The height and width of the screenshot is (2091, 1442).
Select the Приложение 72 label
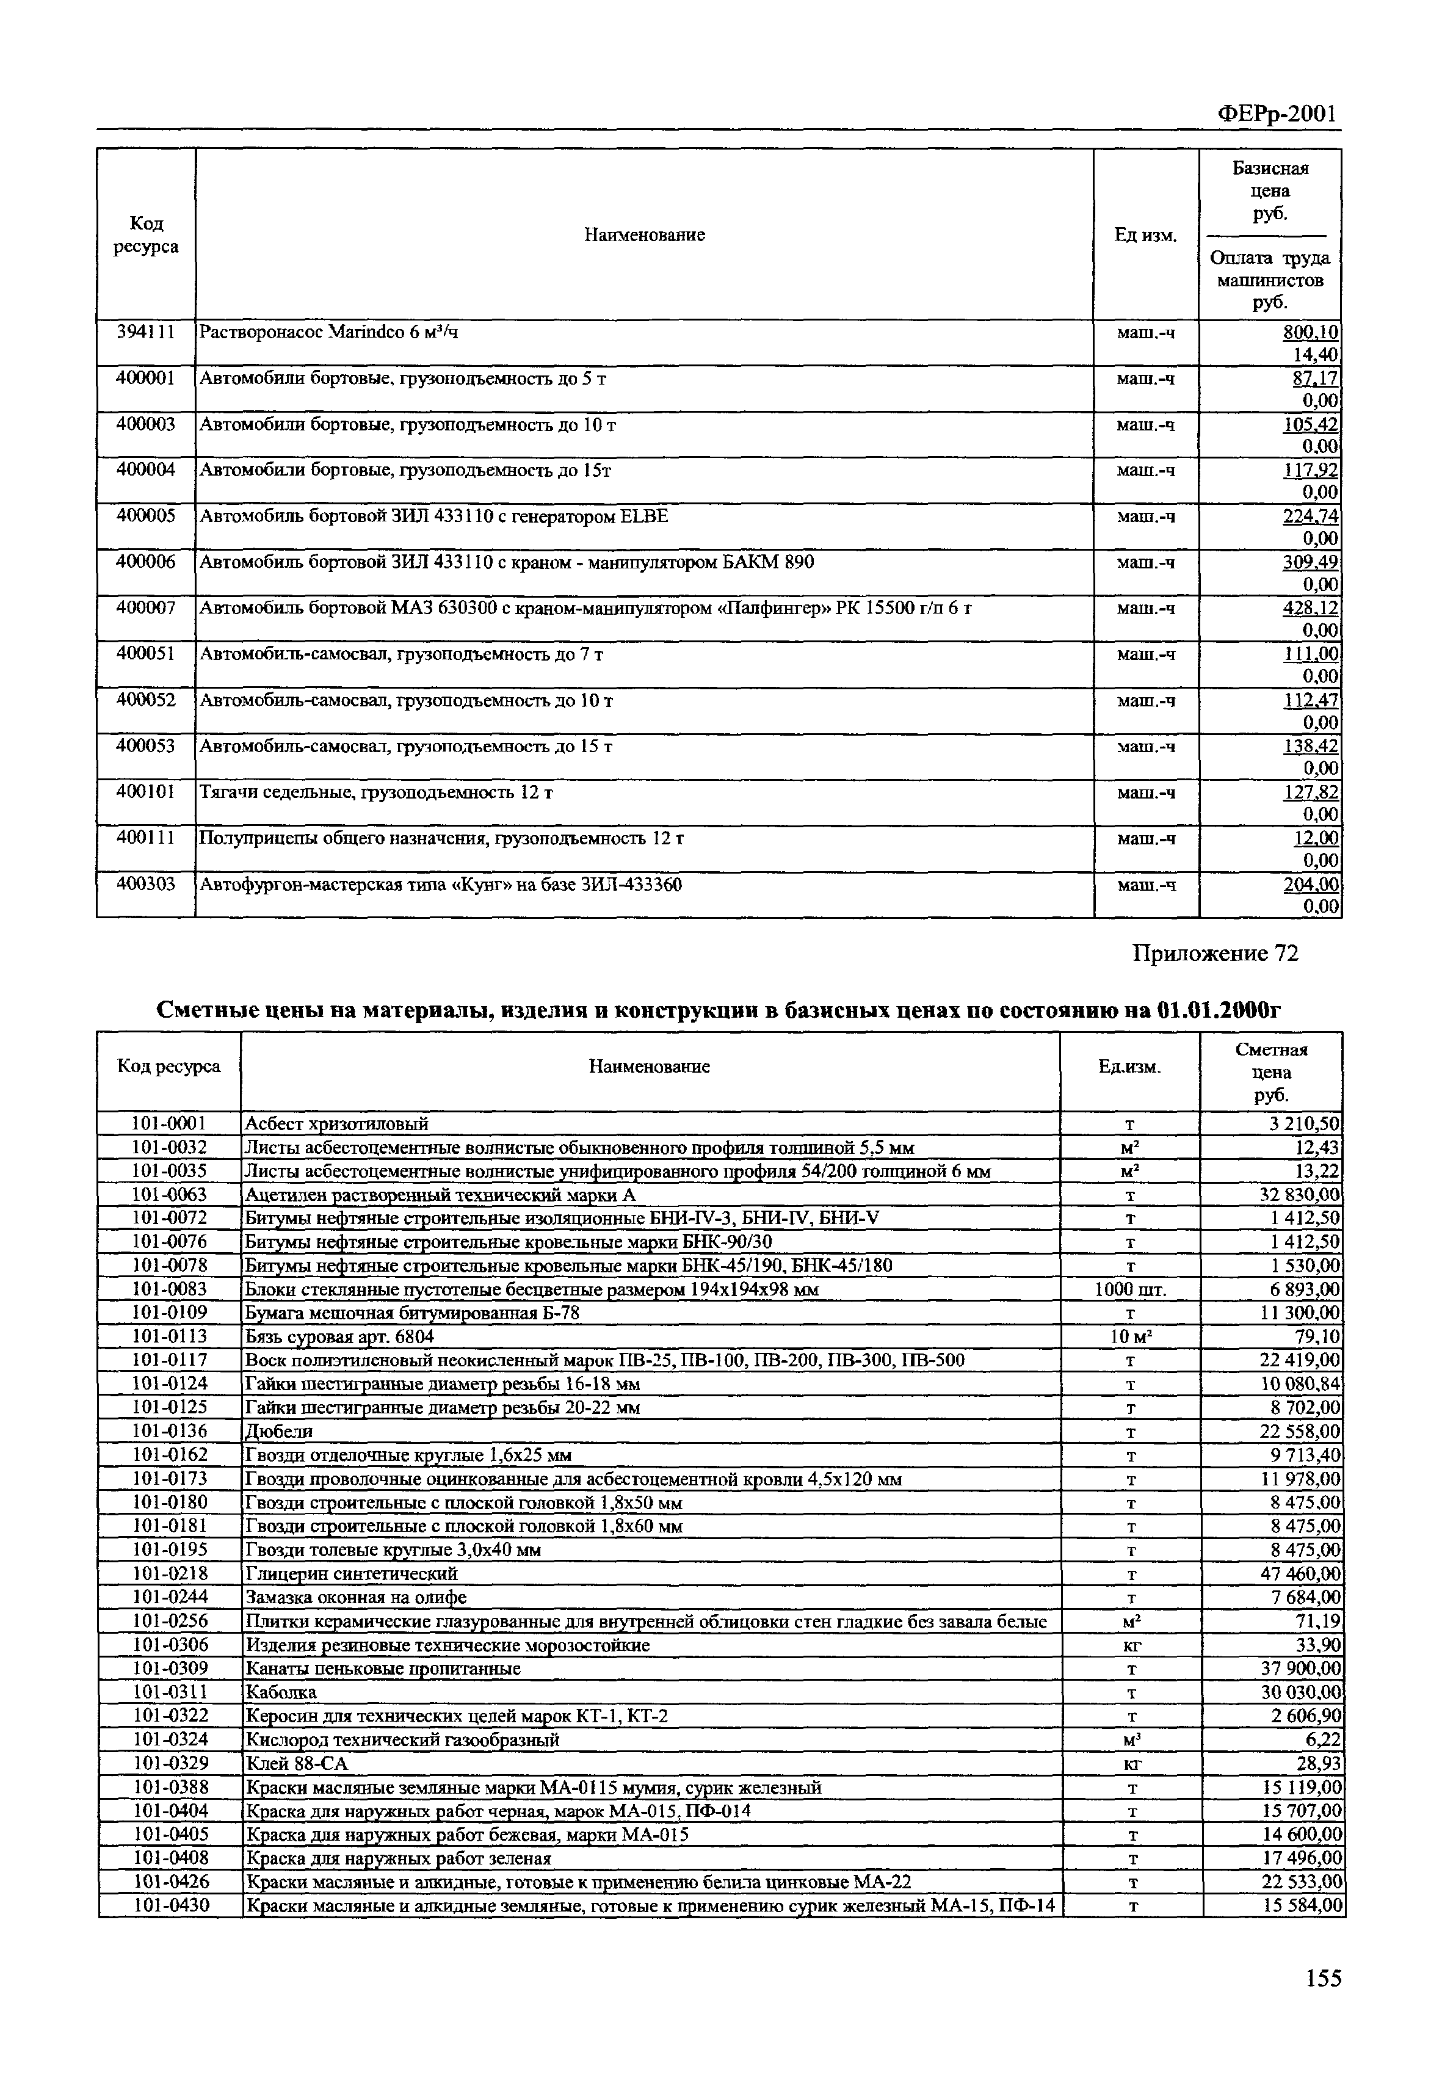pos(1216,954)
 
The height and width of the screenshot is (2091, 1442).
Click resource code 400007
pos(145,608)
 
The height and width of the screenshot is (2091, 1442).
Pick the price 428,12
pos(1310,608)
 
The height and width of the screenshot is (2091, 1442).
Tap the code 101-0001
pos(170,1123)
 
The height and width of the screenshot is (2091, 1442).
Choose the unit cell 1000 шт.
pos(1129,1289)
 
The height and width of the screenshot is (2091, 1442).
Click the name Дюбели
pos(279,1432)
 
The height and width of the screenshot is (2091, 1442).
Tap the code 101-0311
pos(170,1692)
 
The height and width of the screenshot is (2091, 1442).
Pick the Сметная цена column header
pos(1271,1071)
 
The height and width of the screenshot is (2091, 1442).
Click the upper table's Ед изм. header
pos(1146,236)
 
